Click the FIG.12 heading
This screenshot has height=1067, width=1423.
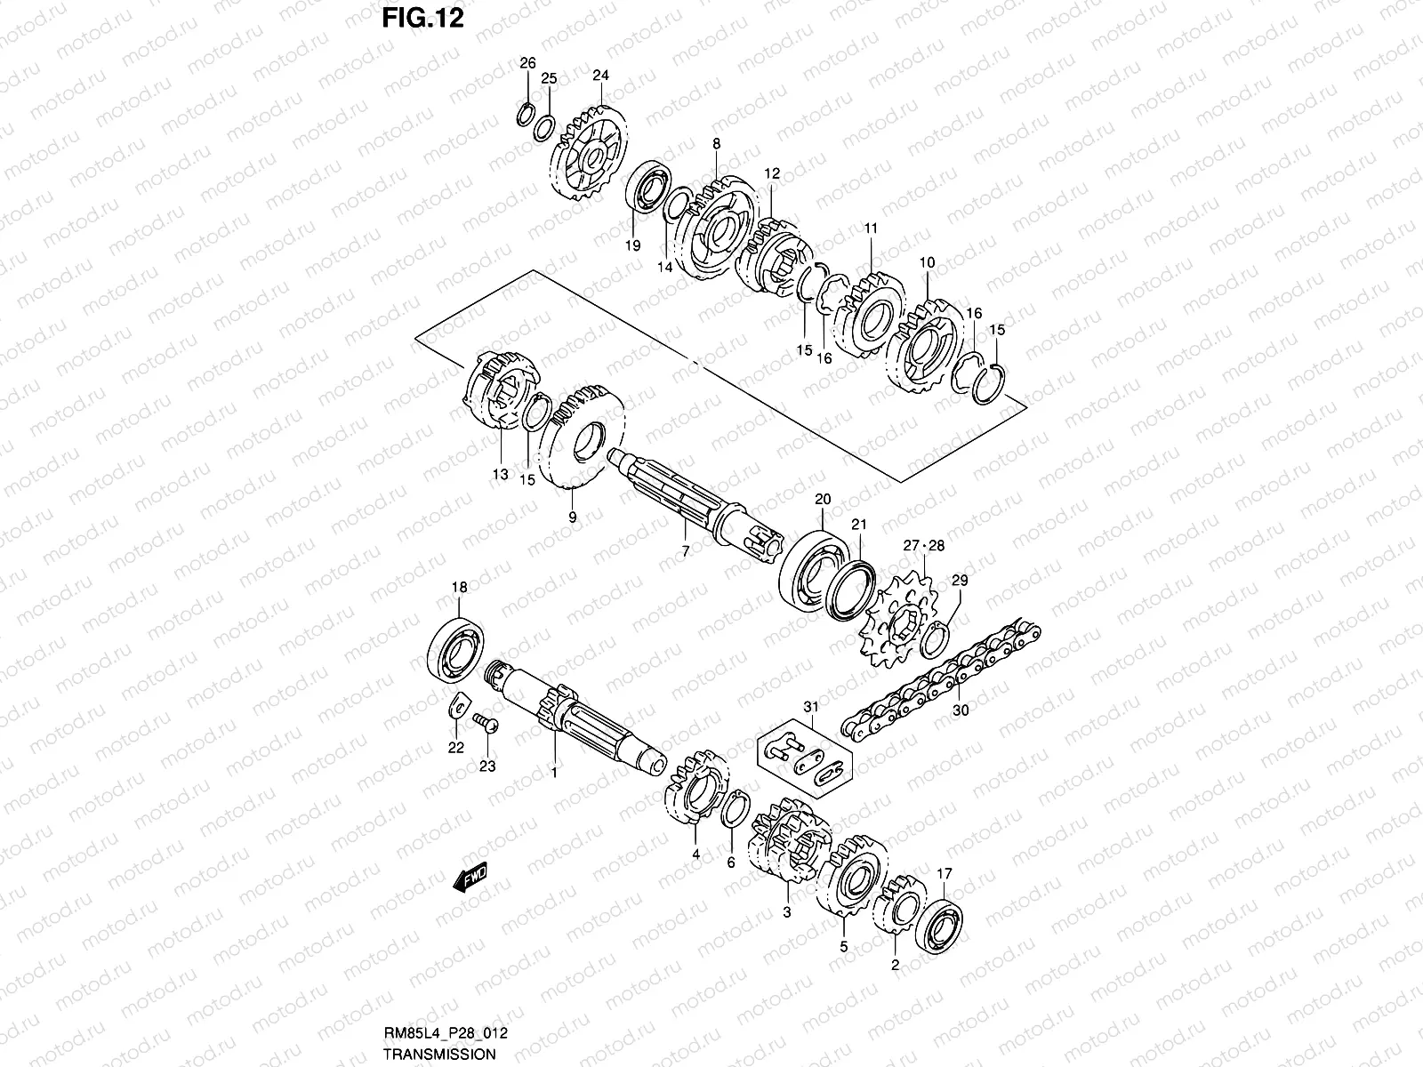tap(423, 18)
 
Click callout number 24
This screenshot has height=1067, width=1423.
tap(600, 75)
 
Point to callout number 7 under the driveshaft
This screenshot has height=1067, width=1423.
tap(685, 551)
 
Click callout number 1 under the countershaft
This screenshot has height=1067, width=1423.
tap(553, 773)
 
